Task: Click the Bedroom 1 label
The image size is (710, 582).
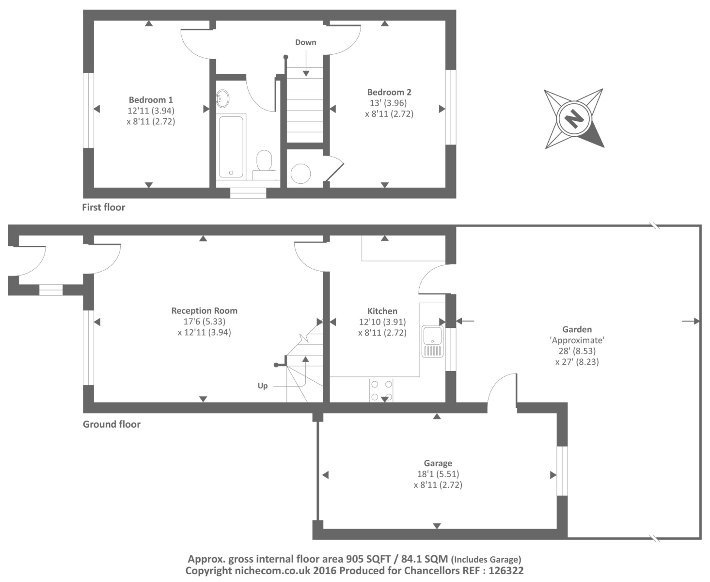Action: click(x=151, y=100)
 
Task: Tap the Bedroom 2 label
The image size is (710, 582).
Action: click(x=389, y=92)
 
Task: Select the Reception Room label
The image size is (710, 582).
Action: click(x=205, y=311)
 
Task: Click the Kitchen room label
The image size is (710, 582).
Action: click(x=382, y=311)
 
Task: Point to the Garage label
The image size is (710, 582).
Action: click(x=438, y=464)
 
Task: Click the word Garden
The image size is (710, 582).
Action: click(x=577, y=329)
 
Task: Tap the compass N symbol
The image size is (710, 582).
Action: click(x=574, y=118)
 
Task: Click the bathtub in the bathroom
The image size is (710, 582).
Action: click(x=231, y=146)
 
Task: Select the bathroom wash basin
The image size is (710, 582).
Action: click(x=222, y=98)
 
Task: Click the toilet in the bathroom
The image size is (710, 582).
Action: click(x=264, y=163)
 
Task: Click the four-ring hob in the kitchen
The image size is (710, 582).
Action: click(x=381, y=390)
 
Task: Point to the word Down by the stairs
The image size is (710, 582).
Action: click(x=306, y=43)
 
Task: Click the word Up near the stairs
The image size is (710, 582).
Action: click(x=263, y=386)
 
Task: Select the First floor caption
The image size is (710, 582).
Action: click(x=103, y=208)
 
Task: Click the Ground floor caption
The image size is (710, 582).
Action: click(x=111, y=424)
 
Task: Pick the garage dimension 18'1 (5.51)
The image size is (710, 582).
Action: click(x=438, y=474)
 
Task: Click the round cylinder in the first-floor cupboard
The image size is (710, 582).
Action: click(x=300, y=173)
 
